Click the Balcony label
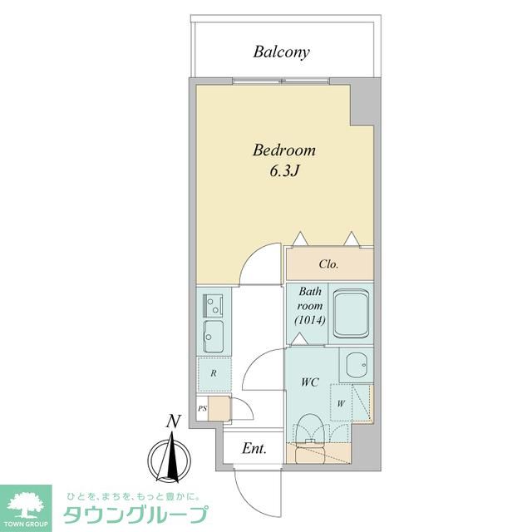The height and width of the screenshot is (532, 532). (x=281, y=52)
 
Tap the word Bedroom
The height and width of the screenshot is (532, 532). (x=284, y=151)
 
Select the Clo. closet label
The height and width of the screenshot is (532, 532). (x=328, y=265)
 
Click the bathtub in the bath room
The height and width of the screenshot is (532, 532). (x=352, y=314)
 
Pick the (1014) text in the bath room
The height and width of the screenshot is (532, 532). (x=309, y=320)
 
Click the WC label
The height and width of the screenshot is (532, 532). (x=310, y=383)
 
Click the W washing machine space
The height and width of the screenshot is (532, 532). (x=341, y=405)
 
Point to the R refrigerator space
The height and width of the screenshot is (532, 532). (x=214, y=373)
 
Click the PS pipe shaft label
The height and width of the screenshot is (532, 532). (x=202, y=409)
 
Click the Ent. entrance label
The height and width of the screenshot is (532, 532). (x=254, y=450)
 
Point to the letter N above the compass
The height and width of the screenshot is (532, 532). (x=173, y=421)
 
